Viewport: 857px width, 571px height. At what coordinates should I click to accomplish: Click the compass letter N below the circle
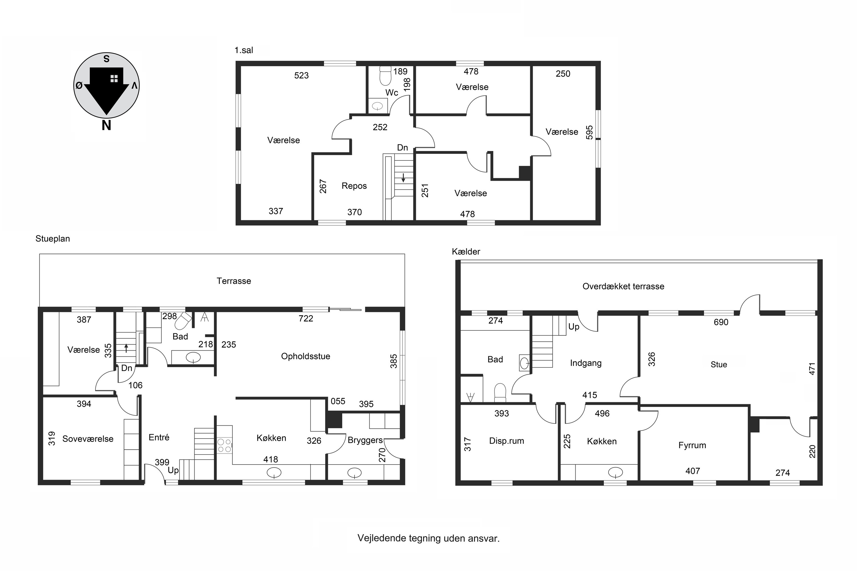click(x=106, y=126)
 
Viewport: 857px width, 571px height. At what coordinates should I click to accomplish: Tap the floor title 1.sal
click(x=244, y=50)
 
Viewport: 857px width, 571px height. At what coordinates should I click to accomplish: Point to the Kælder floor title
click(x=466, y=252)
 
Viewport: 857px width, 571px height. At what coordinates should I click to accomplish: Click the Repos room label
click(x=354, y=186)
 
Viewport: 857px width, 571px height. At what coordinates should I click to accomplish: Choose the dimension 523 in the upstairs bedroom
click(x=301, y=75)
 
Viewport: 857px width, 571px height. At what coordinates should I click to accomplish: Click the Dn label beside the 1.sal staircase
click(x=402, y=148)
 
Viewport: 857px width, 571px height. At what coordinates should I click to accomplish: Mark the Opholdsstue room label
click(x=305, y=356)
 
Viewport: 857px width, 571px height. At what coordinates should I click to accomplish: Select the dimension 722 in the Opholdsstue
click(x=306, y=318)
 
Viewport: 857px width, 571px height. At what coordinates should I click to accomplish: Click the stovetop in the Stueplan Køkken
click(x=225, y=445)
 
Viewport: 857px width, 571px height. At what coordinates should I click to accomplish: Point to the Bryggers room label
click(x=365, y=440)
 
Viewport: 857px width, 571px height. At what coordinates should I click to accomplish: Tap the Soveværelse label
click(x=88, y=439)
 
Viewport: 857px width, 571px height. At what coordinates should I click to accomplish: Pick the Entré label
click(x=159, y=437)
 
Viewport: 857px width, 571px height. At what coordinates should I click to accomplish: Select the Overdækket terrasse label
click(x=623, y=286)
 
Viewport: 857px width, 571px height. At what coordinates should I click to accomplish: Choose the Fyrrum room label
click(x=692, y=445)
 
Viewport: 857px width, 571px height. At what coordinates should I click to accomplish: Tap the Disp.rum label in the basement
click(x=506, y=441)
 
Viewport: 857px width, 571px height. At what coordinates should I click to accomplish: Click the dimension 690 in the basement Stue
click(x=721, y=322)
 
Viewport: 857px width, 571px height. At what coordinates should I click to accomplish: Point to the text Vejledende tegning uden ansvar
click(x=428, y=538)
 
